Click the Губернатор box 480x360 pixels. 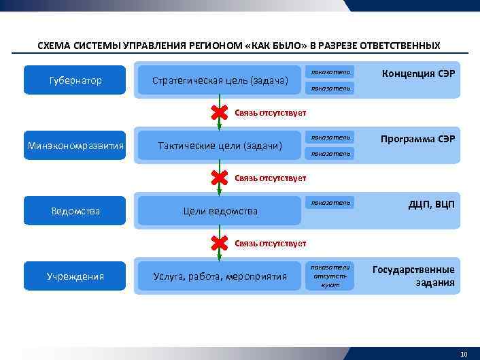pyautogui.click(x=75, y=80)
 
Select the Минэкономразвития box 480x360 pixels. pyautogui.click(x=75, y=146)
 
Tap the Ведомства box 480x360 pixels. pyautogui.click(x=75, y=211)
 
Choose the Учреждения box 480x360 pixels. pyautogui.click(x=75, y=276)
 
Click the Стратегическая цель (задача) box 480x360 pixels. pyautogui.click(x=220, y=80)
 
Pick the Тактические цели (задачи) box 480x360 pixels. pyautogui.click(x=220, y=146)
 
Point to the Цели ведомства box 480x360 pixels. pyautogui.click(x=220, y=211)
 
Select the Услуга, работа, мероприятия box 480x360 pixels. pyautogui.click(x=220, y=276)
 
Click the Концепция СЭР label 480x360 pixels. pyautogui.click(x=418, y=73)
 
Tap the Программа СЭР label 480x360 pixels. pyautogui.click(x=417, y=139)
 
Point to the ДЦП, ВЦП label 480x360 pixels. pyautogui.click(x=431, y=204)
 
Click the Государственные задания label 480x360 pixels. pyautogui.click(x=413, y=276)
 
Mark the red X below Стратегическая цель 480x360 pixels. pyautogui.click(x=219, y=112)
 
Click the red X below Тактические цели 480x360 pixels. pyautogui.click(x=219, y=178)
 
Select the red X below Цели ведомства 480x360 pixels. pyautogui.click(x=219, y=243)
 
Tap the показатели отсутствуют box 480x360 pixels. pyautogui.click(x=330, y=276)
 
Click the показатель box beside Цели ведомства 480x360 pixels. pyautogui.click(x=330, y=203)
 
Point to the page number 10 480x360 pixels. pyautogui.click(x=464, y=354)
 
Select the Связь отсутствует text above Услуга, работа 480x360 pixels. pyautogui.click(x=271, y=243)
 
